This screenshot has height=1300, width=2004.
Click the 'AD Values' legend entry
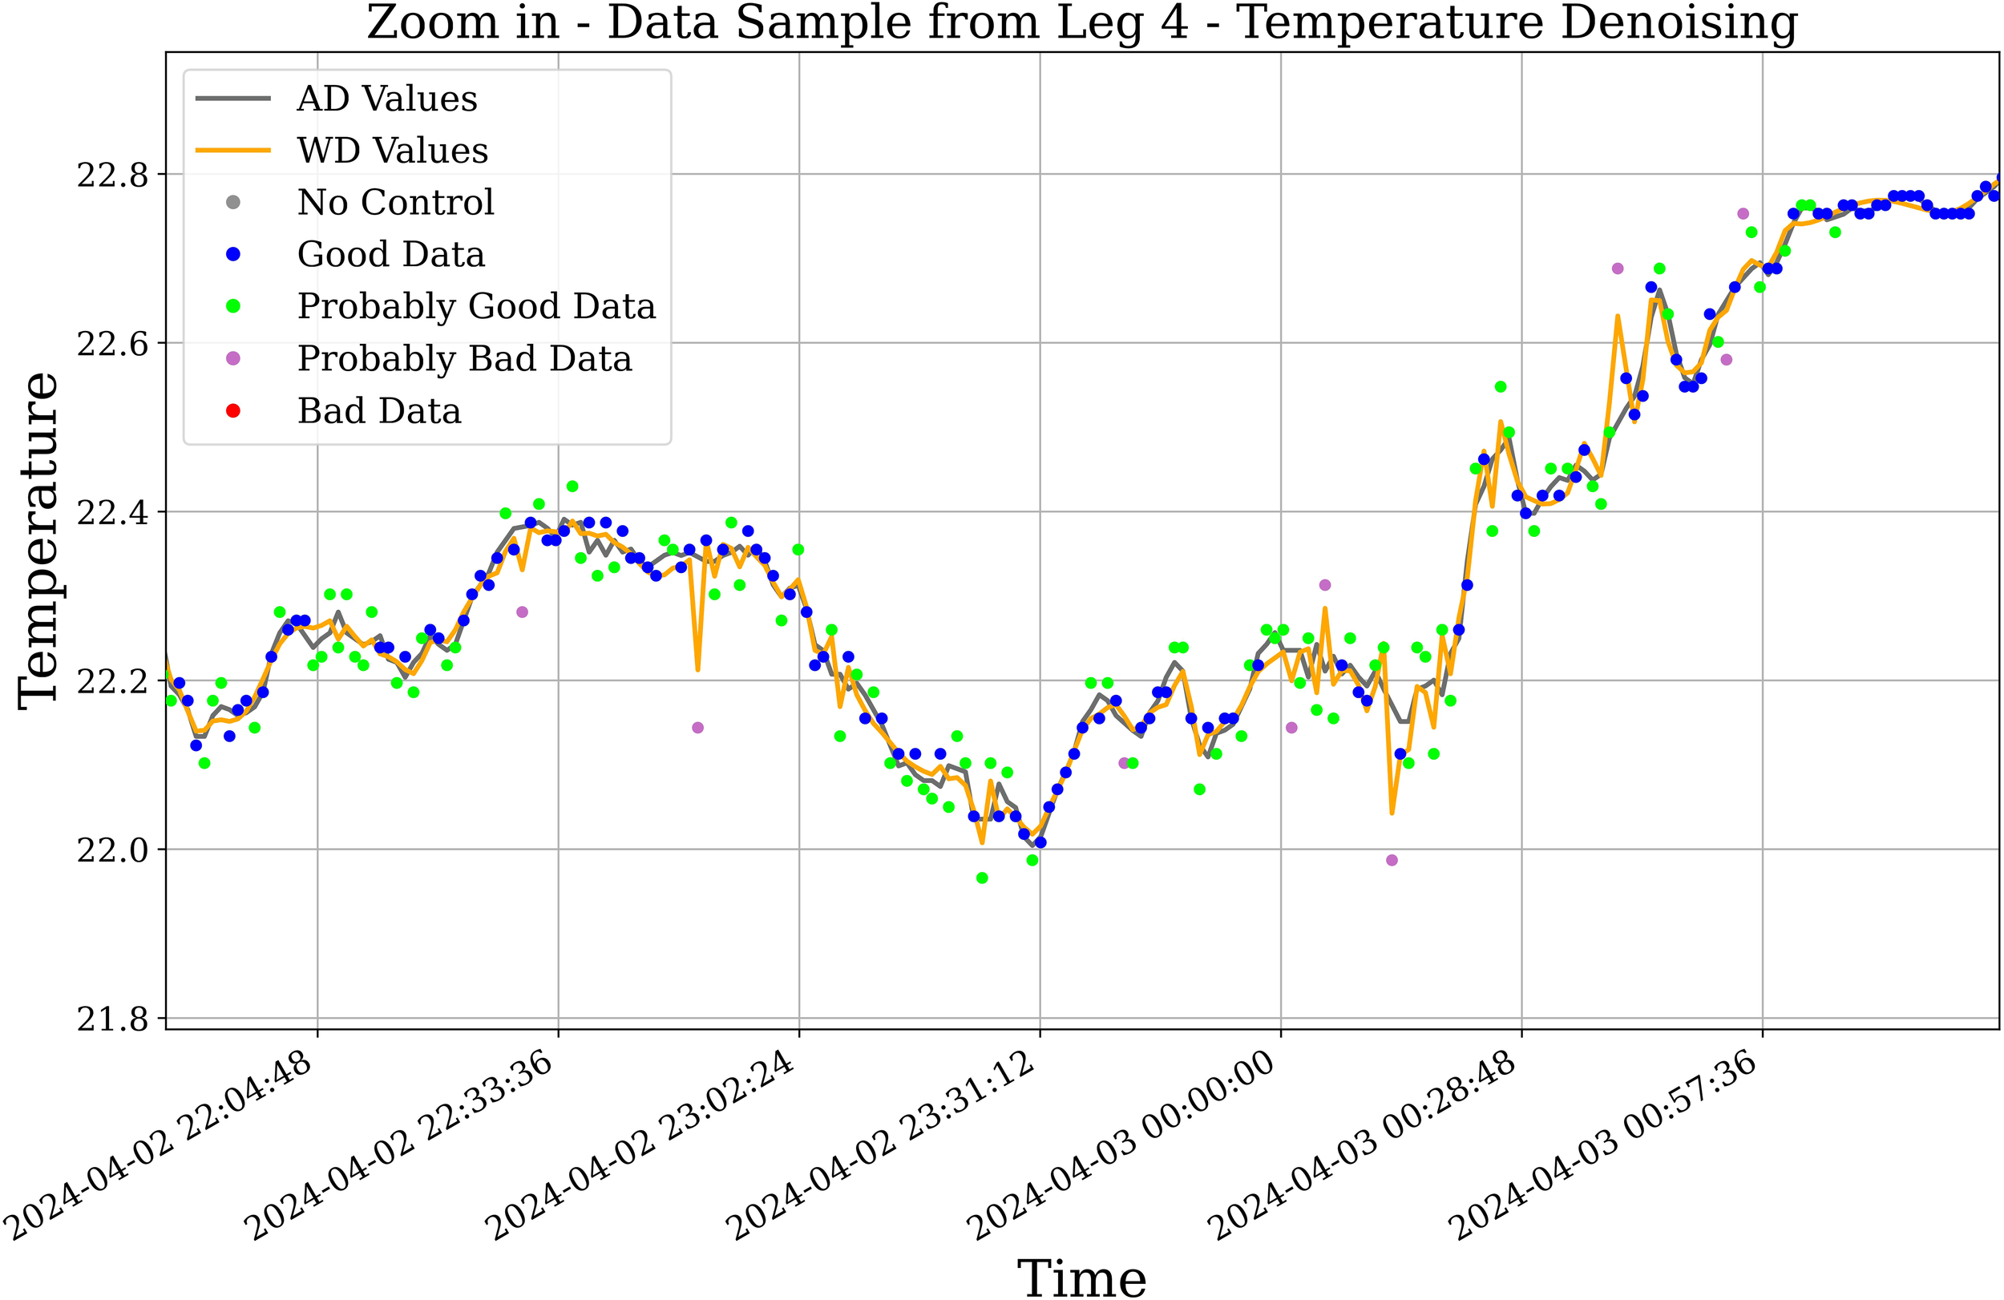tap(386, 99)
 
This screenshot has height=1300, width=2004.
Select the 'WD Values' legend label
tap(392, 151)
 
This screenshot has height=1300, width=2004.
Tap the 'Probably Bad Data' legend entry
tap(464, 360)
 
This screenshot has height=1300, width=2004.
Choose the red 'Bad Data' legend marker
tap(233, 411)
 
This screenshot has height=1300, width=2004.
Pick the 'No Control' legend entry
tap(395, 203)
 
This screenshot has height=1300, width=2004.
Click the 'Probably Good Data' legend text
tap(475, 306)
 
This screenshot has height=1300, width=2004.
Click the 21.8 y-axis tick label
tap(111, 1019)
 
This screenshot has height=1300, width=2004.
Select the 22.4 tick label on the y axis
tap(111, 513)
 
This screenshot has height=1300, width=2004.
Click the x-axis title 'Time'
tap(1081, 1278)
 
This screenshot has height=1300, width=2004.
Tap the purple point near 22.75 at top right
tap(1743, 214)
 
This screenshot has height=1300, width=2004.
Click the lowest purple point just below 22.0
tap(1392, 861)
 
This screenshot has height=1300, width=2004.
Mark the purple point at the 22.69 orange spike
tap(1618, 268)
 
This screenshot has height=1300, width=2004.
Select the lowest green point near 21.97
tap(982, 878)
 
